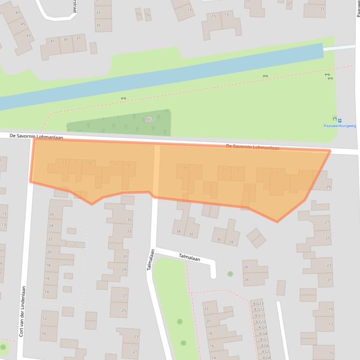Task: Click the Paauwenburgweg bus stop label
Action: pos(339,126)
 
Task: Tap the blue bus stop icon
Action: pos(340,121)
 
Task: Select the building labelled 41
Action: pos(52,41)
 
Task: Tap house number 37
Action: pos(78,38)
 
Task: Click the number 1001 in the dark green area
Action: pos(148,120)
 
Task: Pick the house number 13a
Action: pos(184,167)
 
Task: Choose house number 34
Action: pos(178,231)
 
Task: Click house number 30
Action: pos(219,239)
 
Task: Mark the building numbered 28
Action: pos(231,242)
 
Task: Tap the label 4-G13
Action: pos(258,303)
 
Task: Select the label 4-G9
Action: pos(262,327)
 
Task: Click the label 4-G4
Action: pos(265,358)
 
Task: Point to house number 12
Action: pos(44,318)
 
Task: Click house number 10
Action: pos(44,333)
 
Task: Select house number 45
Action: pos(23,24)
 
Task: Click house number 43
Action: pos(29,36)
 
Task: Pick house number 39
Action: pos(65,40)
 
